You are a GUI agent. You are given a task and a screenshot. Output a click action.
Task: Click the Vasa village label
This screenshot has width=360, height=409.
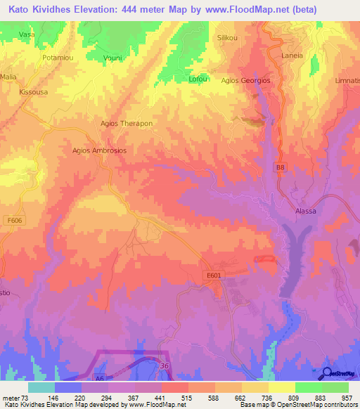[27, 34]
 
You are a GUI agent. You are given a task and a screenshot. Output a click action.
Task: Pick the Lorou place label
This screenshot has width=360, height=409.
[197, 80]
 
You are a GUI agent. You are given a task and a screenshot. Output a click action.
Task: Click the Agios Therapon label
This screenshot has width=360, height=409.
[127, 123]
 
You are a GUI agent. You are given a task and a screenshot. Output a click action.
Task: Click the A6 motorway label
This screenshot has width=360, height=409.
[100, 377]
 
